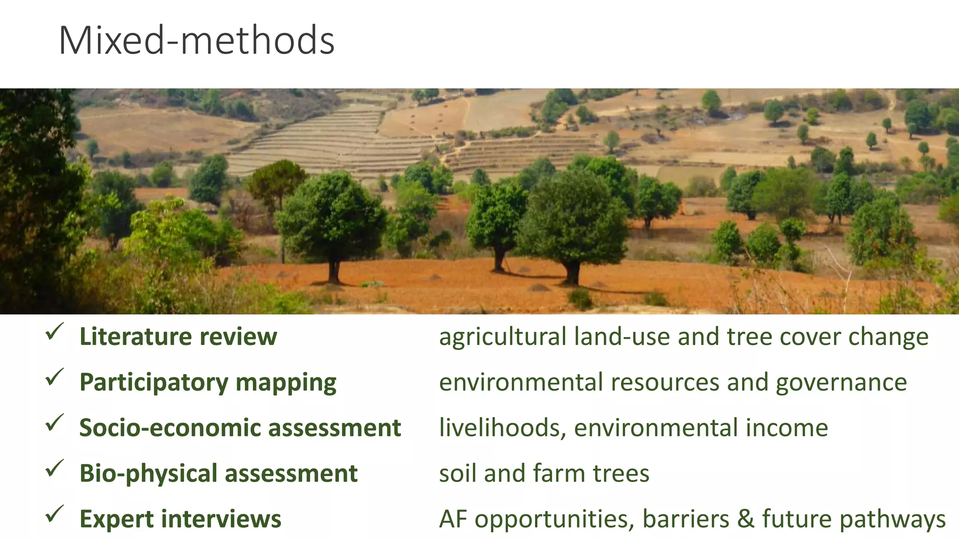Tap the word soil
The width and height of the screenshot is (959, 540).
[x=457, y=473]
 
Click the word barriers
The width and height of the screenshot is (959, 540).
[x=686, y=519]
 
